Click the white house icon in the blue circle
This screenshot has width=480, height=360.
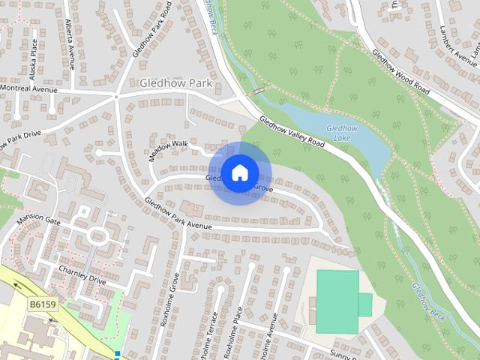tap(239, 172)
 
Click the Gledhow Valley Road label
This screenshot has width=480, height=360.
tap(292, 131)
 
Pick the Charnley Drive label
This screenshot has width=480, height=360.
tap(83, 275)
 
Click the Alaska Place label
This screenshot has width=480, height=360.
tap(33, 60)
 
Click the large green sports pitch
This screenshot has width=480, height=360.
tap(337, 301)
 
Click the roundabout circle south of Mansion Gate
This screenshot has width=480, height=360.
tap(97, 236)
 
